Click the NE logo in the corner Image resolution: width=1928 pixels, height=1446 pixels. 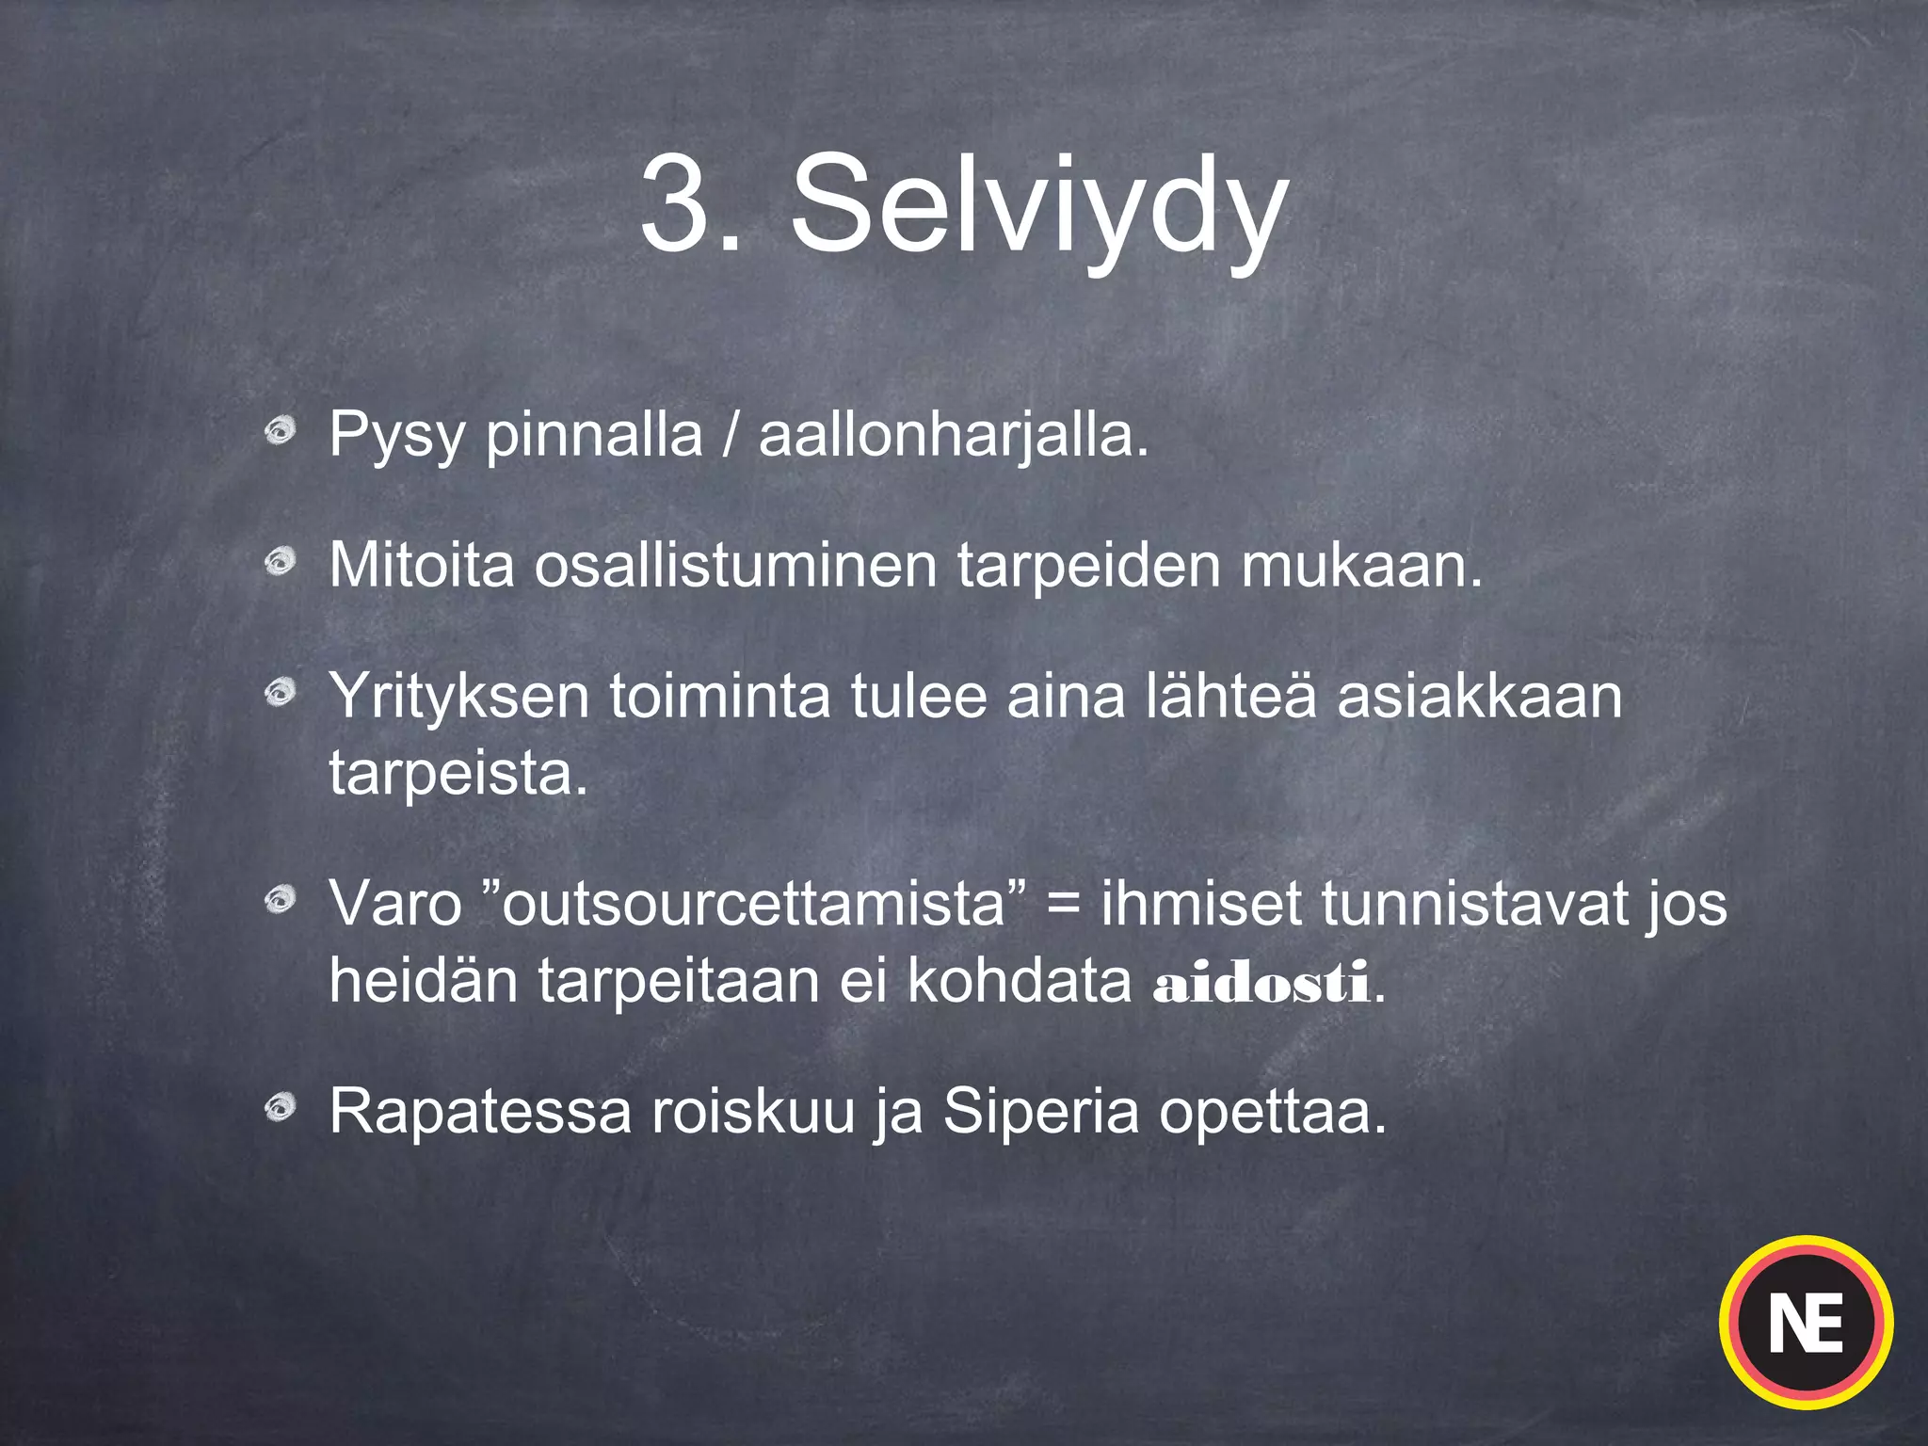(x=1806, y=1323)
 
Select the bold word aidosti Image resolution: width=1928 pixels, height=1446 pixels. (x=1261, y=984)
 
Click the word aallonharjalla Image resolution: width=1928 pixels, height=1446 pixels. (x=954, y=436)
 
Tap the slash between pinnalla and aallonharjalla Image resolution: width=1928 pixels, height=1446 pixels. (x=731, y=436)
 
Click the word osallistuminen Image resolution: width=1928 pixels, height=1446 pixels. (x=735, y=565)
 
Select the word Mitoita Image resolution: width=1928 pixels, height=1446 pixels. (x=422, y=565)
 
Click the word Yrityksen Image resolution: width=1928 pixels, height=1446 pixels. (x=458, y=697)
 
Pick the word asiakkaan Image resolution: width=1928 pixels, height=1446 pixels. (x=1479, y=697)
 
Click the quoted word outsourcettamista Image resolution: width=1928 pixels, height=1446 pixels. (x=754, y=904)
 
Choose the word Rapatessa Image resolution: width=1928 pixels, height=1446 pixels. (x=479, y=1112)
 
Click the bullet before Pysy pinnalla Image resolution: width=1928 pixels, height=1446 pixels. (x=280, y=432)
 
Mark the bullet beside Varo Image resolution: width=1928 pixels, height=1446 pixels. (x=280, y=901)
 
